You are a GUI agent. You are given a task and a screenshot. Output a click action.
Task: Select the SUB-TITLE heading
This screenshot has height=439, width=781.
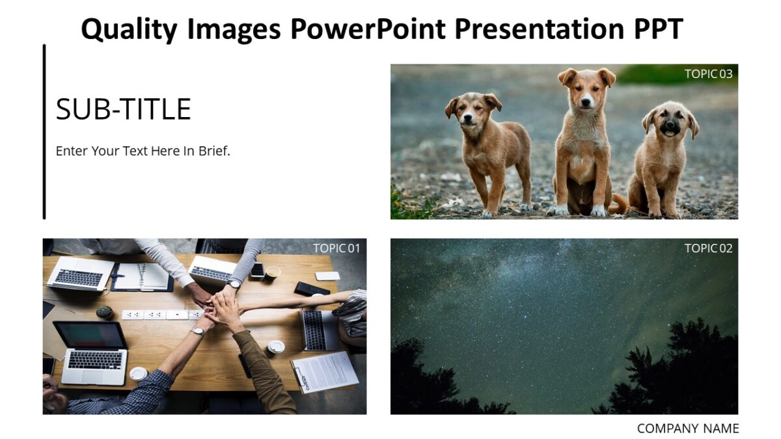point(123,109)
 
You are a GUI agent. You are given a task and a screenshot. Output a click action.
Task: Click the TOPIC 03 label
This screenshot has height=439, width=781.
point(708,74)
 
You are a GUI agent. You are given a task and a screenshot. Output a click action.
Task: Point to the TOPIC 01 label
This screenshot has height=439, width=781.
point(336,248)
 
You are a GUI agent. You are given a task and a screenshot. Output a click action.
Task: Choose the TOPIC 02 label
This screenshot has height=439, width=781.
point(708,248)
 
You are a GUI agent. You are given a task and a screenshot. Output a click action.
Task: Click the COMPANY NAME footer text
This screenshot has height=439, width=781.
point(687,429)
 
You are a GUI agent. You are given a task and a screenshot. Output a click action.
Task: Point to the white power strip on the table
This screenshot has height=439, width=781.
point(163,315)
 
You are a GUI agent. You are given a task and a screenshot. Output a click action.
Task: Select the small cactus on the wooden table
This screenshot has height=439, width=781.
point(104,312)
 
